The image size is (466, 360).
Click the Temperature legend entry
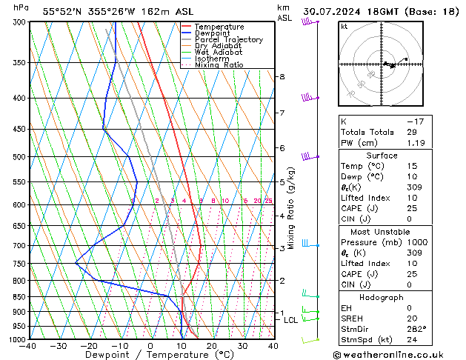coord(219,27)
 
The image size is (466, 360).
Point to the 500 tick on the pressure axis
coord(20,157)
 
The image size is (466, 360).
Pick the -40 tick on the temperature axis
coord(29,346)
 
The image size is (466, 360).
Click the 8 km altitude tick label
coord(282,77)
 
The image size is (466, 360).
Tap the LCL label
coord(290,320)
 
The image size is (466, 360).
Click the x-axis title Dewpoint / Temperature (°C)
coord(149,355)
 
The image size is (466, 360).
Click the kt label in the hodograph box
coord(344,27)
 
